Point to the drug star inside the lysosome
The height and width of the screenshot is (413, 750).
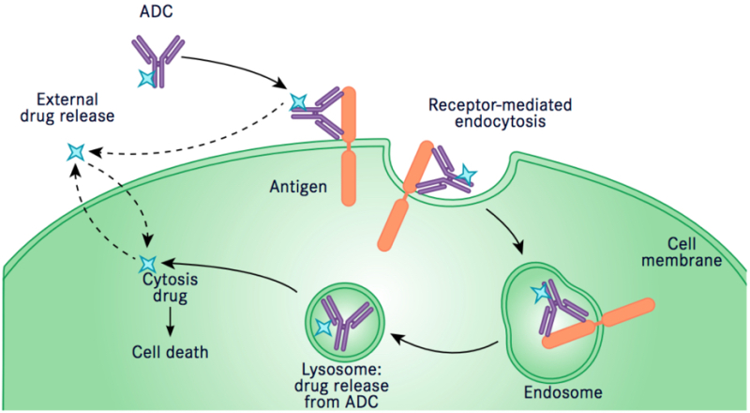[323, 329]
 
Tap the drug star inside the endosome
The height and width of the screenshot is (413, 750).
[540, 295]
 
